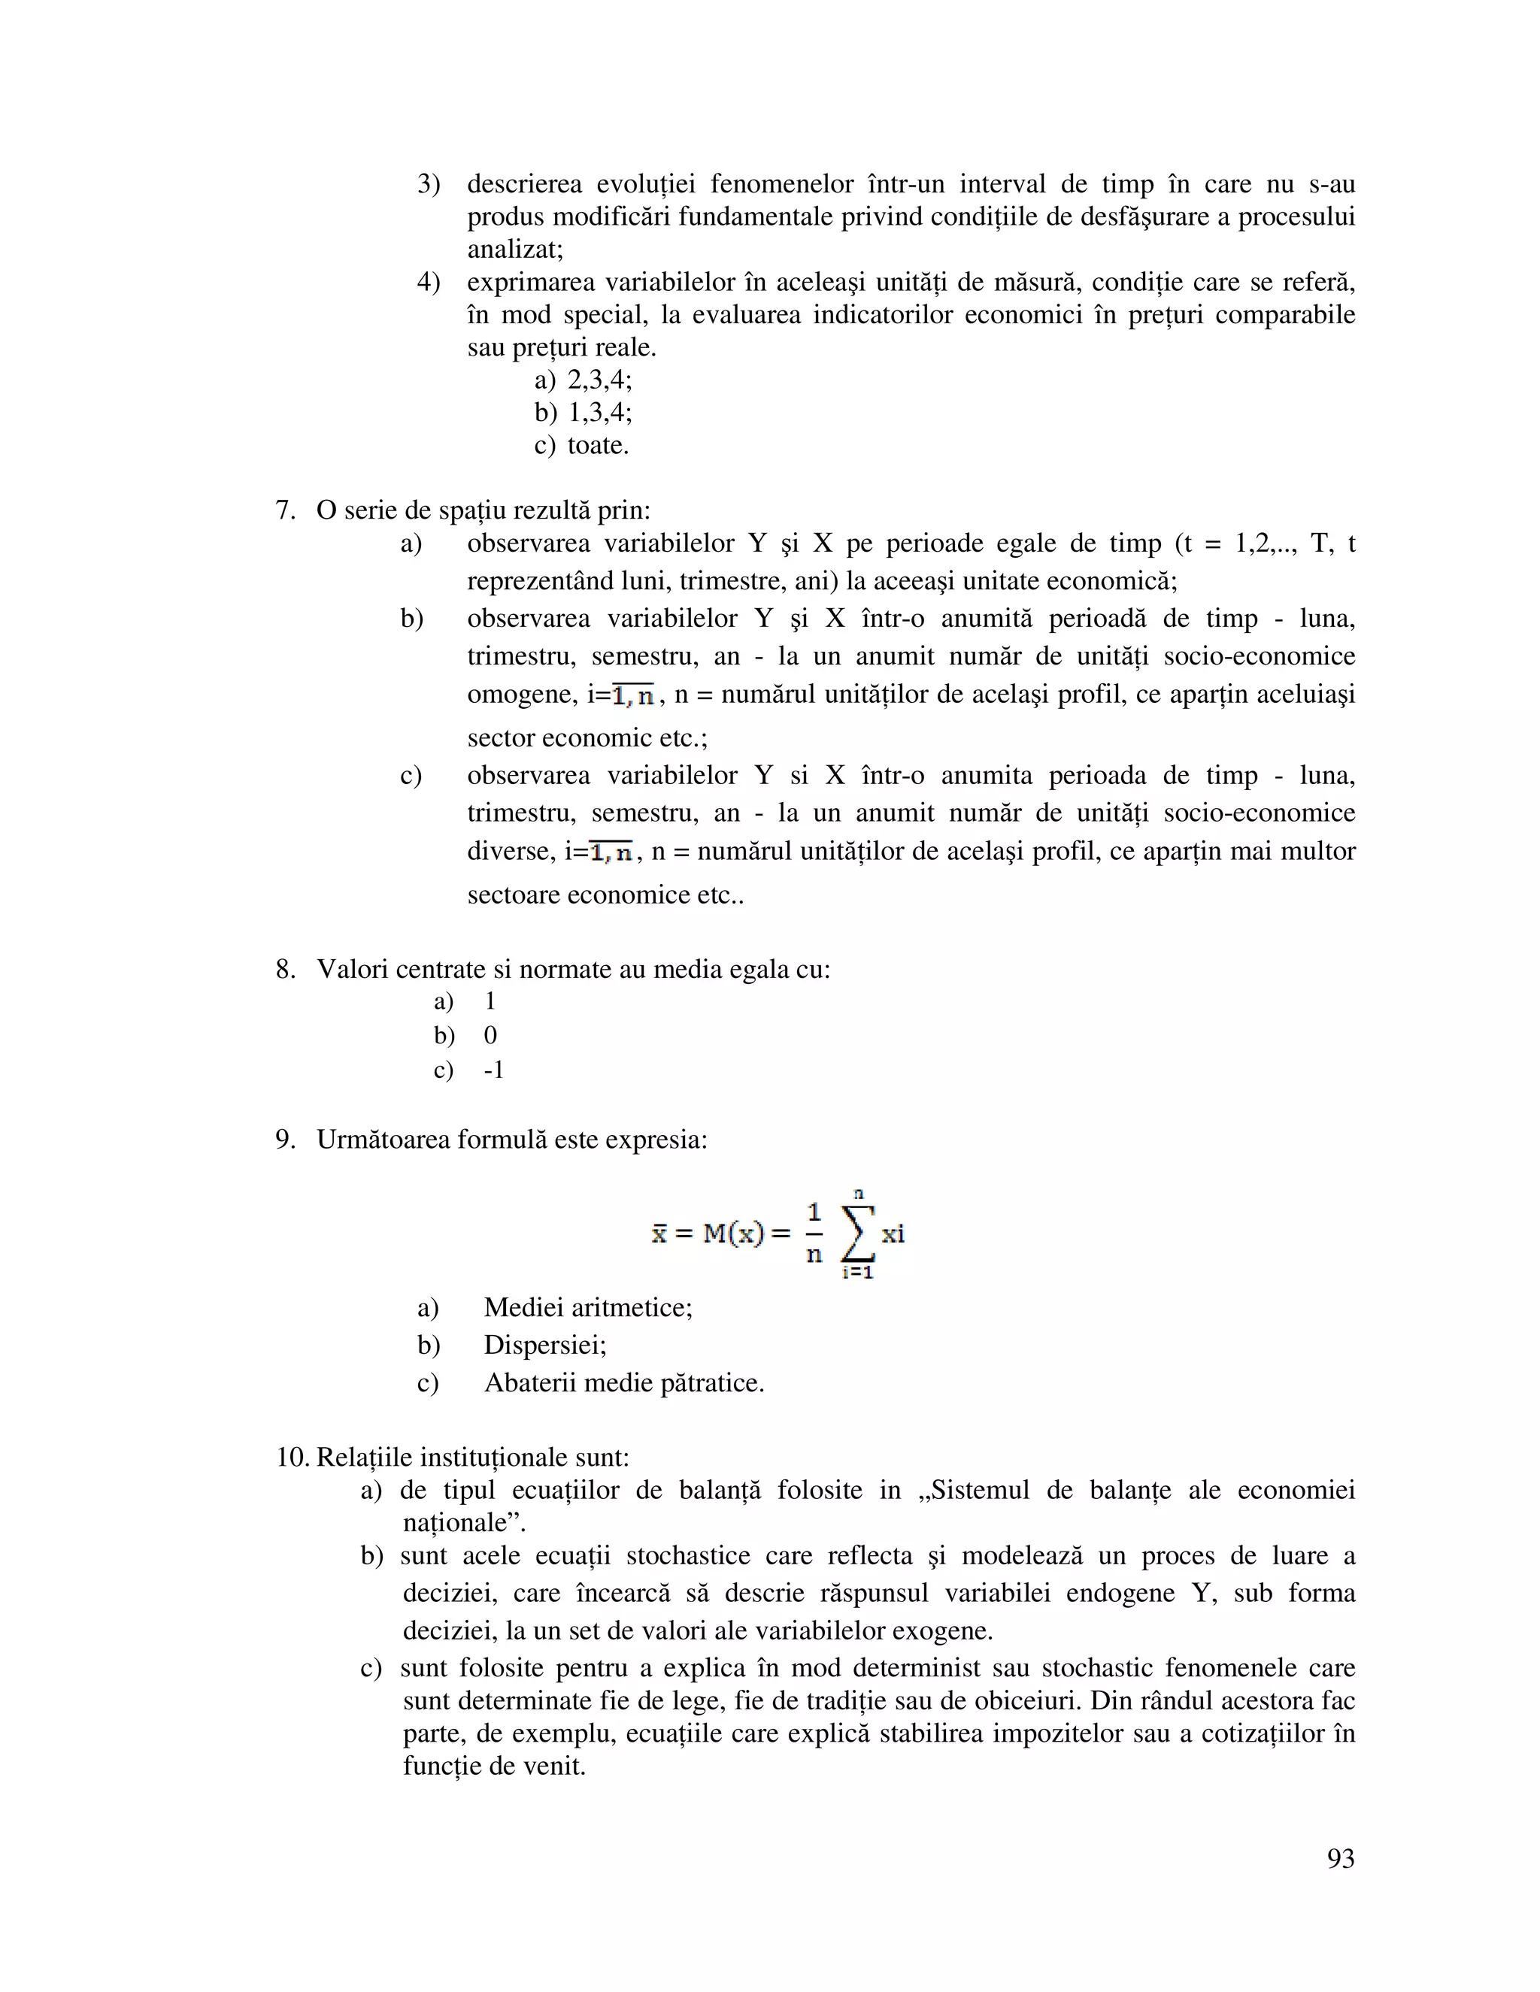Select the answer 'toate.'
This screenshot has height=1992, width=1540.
pyautogui.click(x=598, y=445)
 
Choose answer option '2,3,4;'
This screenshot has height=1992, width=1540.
pyautogui.click(x=599, y=380)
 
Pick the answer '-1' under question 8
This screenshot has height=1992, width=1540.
pyautogui.click(x=493, y=1070)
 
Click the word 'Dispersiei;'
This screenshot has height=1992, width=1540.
pyautogui.click(x=544, y=1346)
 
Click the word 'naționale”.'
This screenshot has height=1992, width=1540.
pyautogui.click(x=465, y=1523)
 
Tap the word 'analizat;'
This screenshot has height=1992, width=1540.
pyautogui.click(x=514, y=249)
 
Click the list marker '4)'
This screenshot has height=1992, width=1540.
pyautogui.click(x=428, y=282)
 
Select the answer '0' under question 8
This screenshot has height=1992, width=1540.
pyautogui.click(x=491, y=1035)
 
